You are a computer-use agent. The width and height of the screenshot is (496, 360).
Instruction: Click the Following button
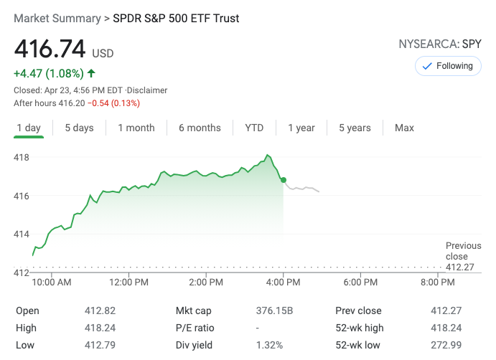tap(448, 66)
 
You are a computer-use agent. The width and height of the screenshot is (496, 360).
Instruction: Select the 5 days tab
tap(79, 128)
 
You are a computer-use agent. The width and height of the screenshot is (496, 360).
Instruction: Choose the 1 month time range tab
tap(136, 128)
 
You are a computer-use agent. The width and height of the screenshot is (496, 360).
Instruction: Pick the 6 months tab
tap(200, 128)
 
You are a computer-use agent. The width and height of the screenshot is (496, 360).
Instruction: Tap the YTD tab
tap(254, 128)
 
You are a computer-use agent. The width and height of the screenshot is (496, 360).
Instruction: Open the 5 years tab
tap(355, 128)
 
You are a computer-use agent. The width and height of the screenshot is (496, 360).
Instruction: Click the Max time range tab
tap(404, 128)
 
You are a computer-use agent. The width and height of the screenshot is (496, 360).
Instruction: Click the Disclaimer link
tap(148, 90)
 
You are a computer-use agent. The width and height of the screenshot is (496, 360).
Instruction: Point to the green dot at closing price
tap(284, 180)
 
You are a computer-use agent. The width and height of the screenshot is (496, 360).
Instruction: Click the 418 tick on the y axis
tap(22, 157)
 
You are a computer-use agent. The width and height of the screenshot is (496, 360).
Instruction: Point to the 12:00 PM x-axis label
tap(129, 283)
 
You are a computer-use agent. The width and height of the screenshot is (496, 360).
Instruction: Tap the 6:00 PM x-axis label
tap(362, 283)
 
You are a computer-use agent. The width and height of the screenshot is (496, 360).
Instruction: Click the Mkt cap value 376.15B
tap(275, 311)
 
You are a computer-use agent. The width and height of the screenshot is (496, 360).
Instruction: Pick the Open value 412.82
tap(100, 311)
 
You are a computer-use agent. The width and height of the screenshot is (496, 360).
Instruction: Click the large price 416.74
tap(50, 49)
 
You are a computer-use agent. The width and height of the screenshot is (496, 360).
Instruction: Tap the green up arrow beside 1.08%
tap(91, 73)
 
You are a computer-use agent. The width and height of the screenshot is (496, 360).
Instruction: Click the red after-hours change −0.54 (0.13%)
tap(113, 103)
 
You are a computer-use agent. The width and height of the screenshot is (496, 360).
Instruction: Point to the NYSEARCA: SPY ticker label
tap(440, 44)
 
